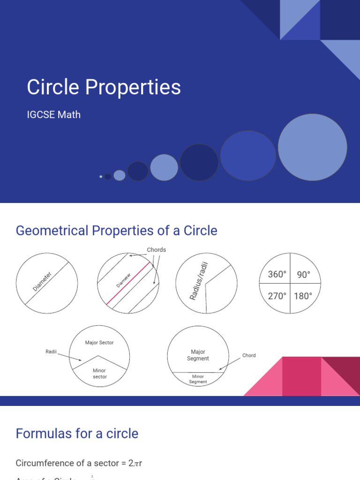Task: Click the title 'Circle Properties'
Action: [x=104, y=88]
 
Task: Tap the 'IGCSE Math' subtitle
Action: [x=54, y=114]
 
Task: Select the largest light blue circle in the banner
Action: [x=312, y=147]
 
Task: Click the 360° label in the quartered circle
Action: [x=277, y=274]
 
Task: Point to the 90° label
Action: [x=304, y=275]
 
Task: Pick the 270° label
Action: [x=277, y=296]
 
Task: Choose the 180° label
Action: [x=303, y=296]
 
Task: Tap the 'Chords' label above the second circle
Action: [x=157, y=250]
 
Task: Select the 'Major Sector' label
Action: [x=99, y=343]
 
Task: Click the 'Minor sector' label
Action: [x=99, y=374]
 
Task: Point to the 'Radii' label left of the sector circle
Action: [x=51, y=352]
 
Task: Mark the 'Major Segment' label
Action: [x=198, y=355]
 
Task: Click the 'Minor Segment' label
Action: [x=198, y=379]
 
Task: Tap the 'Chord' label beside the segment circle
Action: [x=249, y=355]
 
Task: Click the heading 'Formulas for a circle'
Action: [x=77, y=434]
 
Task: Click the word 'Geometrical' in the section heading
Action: [x=52, y=231]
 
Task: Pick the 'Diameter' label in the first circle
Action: [x=43, y=280]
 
